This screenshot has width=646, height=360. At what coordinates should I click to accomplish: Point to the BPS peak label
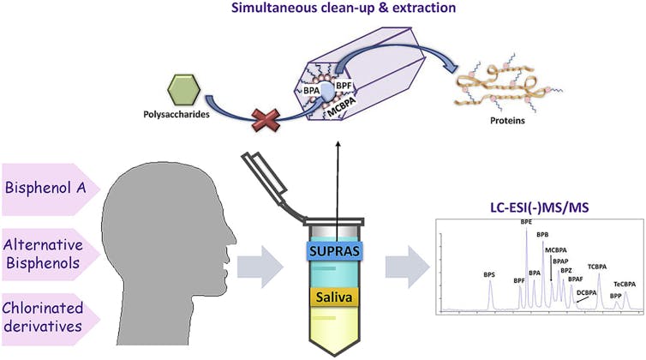click(490, 275)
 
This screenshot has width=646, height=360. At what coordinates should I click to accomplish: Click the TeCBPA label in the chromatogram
click(625, 284)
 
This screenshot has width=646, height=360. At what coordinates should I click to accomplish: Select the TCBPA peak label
click(597, 267)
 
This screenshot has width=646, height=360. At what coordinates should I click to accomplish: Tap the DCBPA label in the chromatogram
click(587, 292)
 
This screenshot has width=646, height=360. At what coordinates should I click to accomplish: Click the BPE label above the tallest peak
click(526, 222)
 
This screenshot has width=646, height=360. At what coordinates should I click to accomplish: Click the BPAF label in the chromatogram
click(576, 279)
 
